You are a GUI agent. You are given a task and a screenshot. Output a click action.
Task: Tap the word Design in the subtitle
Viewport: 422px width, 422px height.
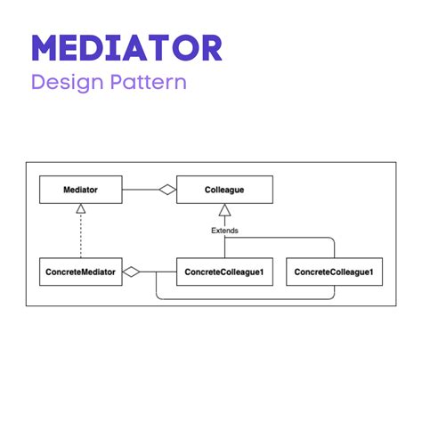point(63,83)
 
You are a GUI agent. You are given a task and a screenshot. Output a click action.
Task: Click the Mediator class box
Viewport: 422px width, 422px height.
point(80,190)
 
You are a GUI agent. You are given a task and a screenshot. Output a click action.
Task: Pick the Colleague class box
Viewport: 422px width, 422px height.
point(224,190)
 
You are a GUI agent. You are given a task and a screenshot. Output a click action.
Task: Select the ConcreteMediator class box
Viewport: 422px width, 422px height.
point(80,272)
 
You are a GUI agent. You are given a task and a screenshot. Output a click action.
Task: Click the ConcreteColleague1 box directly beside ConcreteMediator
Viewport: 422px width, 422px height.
point(224,272)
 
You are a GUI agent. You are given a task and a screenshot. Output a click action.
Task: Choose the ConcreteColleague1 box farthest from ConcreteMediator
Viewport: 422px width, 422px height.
point(334,272)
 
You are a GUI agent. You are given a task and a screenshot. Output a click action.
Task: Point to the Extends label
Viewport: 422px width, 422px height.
point(224,231)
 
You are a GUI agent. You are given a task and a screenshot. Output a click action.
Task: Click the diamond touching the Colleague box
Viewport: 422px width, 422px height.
point(166,190)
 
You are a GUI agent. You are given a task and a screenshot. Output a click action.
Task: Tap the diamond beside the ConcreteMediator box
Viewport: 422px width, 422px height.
point(132,272)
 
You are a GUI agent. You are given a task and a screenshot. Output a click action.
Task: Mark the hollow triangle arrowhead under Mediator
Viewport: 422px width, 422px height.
point(80,208)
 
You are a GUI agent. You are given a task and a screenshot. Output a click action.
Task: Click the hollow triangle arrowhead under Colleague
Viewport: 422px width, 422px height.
point(224,209)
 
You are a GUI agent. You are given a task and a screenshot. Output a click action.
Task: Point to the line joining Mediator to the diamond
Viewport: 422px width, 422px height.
point(139,190)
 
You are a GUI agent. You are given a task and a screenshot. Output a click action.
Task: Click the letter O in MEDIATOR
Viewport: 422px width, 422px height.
point(183,49)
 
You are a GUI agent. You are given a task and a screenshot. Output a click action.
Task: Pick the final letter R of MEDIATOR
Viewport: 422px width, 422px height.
point(209,49)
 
